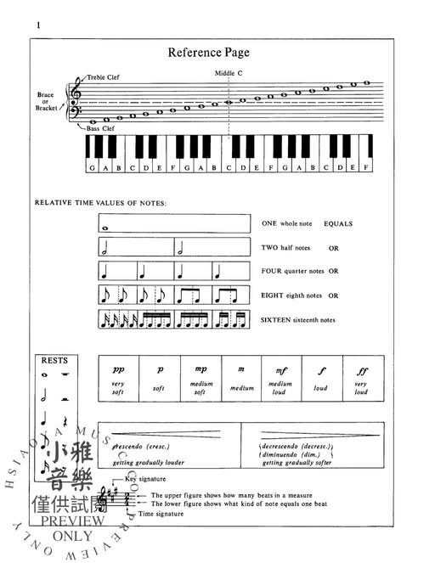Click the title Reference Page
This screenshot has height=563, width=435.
click(207, 53)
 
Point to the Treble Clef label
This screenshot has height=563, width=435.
click(103, 77)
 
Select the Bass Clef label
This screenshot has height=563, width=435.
click(99, 128)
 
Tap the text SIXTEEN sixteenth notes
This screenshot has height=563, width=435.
click(299, 319)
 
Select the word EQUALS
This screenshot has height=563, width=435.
click(337, 224)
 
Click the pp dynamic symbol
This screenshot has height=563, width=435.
click(118, 369)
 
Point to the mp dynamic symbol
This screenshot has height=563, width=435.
click(200, 369)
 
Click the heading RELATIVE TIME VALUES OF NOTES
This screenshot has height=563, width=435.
click(100, 204)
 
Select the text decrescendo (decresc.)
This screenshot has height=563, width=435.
click(297, 446)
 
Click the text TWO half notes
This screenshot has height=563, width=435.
click(286, 248)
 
